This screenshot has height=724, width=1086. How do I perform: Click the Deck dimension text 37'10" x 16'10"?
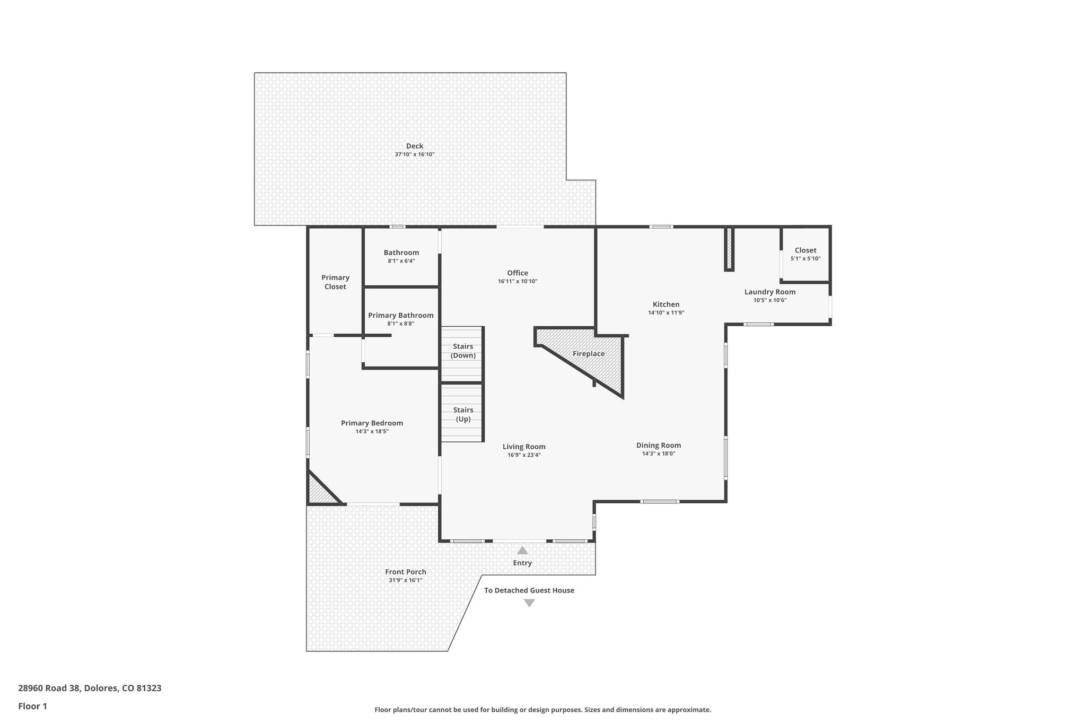click(x=414, y=154)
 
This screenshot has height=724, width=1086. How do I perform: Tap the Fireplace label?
click(x=589, y=354)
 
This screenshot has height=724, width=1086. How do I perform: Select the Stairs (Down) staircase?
click(x=462, y=354)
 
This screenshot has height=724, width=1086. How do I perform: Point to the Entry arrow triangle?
click(x=522, y=551)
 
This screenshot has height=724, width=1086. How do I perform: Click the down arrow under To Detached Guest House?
click(x=529, y=603)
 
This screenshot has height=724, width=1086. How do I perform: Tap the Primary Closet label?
click(x=335, y=282)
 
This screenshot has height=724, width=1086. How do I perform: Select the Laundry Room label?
click(x=769, y=292)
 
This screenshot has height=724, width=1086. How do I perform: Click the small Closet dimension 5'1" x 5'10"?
click(x=805, y=259)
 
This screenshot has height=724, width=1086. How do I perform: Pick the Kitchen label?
click(x=666, y=304)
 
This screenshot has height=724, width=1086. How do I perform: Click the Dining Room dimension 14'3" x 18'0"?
click(x=659, y=453)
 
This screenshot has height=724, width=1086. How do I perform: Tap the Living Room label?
click(x=524, y=447)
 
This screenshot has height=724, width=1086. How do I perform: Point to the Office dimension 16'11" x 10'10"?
click(x=518, y=282)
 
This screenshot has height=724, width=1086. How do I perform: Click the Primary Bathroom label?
click(x=401, y=316)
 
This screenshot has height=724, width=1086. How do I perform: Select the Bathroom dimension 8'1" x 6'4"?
click(x=401, y=261)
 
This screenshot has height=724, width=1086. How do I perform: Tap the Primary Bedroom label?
click(x=372, y=423)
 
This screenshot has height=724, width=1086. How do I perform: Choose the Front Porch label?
click(x=406, y=572)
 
